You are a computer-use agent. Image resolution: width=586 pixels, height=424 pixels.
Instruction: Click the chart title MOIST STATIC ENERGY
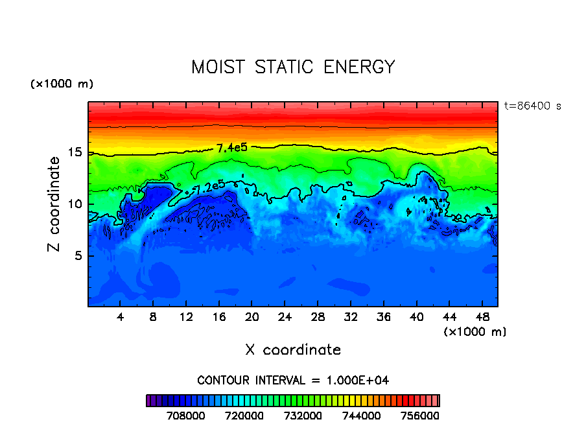click(x=293, y=67)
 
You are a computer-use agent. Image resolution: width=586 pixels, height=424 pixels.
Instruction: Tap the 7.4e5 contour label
click(x=232, y=148)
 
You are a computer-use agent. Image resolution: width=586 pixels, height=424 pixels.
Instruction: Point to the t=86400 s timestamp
click(x=532, y=106)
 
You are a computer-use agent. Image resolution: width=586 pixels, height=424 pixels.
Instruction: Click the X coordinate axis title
click(x=293, y=350)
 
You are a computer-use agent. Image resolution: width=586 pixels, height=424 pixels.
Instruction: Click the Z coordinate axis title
click(x=54, y=204)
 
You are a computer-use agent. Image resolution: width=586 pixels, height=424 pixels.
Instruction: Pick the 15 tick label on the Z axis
click(x=76, y=152)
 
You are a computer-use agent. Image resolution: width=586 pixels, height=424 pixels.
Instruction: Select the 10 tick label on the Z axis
click(x=76, y=204)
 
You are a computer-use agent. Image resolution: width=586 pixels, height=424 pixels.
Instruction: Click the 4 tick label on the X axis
click(x=121, y=317)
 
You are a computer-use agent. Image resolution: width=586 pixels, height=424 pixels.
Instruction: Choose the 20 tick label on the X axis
click(x=252, y=317)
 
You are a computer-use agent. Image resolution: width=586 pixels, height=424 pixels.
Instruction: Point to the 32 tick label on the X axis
click(x=350, y=317)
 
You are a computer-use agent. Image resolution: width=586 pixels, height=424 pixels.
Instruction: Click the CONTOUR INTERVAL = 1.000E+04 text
click(x=293, y=380)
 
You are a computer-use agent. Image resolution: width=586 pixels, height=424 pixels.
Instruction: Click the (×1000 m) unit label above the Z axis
click(x=62, y=84)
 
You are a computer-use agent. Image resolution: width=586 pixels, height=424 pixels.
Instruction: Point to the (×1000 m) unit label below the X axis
click(x=475, y=331)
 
